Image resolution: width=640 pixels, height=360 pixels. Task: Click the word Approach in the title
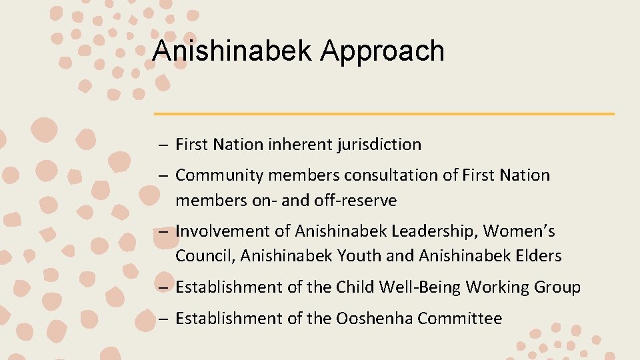tap(382, 51)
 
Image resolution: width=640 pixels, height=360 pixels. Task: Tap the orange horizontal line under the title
tap(384, 114)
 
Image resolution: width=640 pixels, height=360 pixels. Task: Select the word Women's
tap(519, 231)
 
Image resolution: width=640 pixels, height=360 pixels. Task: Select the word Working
tap(497, 287)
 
